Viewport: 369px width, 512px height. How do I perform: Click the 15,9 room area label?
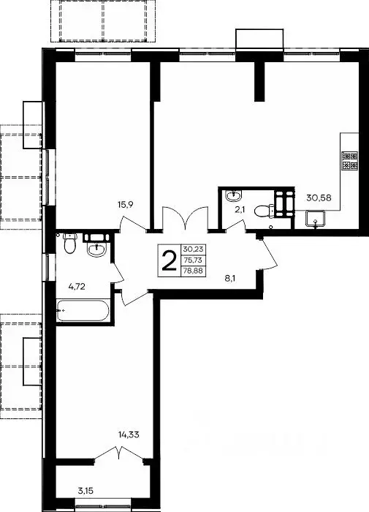click(x=126, y=205)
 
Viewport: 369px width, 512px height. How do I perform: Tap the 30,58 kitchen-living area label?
click(x=319, y=197)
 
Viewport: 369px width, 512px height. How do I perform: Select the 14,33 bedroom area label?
click(x=129, y=434)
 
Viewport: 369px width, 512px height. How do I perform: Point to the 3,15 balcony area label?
click(x=85, y=491)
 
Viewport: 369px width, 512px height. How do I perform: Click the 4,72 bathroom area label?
click(x=77, y=287)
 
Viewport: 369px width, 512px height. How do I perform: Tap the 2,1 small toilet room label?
click(x=240, y=210)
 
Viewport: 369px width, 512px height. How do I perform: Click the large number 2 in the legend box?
click(x=169, y=260)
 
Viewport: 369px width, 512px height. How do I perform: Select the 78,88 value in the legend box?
click(x=193, y=271)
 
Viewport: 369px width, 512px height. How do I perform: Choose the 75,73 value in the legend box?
click(x=193, y=260)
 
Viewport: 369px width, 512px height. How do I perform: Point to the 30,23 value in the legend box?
click(x=193, y=249)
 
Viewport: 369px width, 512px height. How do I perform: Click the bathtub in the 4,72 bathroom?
click(x=83, y=310)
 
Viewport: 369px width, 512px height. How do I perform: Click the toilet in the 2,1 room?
click(x=264, y=211)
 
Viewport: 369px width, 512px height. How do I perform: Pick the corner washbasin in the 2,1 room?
click(x=233, y=195)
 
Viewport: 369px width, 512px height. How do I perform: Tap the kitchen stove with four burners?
click(x=349, y=161)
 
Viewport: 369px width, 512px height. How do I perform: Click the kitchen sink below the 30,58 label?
click(x=315, y=219)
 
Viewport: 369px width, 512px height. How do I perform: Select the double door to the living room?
click(x=186, y=219)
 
